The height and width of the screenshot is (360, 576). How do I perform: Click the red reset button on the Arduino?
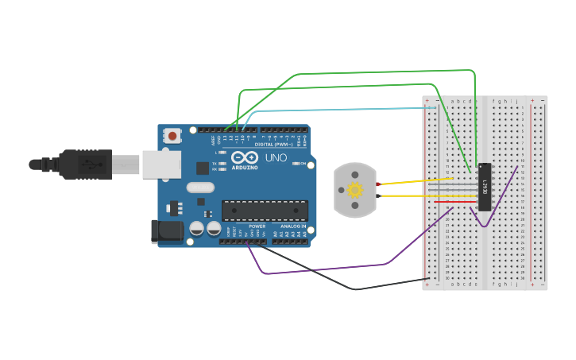172,136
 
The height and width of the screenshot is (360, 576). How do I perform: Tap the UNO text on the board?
276,158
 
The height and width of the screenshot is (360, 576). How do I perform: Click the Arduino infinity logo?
245,157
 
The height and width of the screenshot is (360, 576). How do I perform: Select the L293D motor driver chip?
485,187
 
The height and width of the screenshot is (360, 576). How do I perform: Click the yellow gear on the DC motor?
355,190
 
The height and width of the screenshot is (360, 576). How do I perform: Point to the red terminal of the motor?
378,184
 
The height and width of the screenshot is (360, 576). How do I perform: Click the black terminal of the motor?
378,195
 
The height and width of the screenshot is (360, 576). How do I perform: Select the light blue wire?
342,109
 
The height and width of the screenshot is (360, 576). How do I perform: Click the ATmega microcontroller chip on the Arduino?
265,211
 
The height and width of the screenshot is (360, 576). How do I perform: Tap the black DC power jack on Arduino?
166,231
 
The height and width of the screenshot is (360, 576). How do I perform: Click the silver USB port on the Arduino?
161,165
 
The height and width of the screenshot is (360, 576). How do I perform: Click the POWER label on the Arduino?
257,226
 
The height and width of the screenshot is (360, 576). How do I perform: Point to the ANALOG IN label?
293,226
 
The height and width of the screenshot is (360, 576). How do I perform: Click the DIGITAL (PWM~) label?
274,144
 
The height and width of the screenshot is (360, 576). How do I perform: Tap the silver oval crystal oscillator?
201,188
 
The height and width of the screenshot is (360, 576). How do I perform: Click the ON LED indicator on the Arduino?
295,164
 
